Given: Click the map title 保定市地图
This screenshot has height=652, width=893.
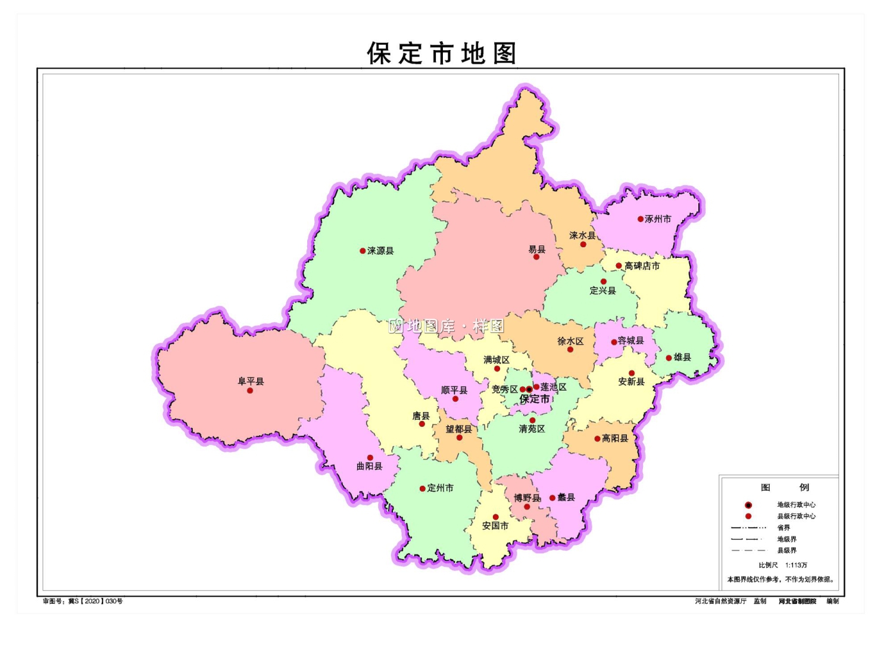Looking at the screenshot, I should pos(441,54).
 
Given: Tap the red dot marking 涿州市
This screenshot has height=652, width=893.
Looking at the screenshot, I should pos(641,219).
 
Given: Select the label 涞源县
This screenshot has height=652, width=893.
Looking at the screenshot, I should pos(380,251).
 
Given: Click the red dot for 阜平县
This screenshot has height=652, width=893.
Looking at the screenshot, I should pos(250,391).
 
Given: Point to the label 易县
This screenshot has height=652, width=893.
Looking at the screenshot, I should pos(536,249).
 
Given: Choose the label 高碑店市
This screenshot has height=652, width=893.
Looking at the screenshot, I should pos(642,266).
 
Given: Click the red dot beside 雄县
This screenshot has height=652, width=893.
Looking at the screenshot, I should pos(669,358).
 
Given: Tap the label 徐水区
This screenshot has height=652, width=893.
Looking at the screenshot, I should pos(570,341).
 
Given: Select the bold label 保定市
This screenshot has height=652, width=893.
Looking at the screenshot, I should pos(535,400).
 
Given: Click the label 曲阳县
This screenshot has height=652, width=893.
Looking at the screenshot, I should pos(369,466).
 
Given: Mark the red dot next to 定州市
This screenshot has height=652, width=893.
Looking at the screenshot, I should pos(422,489).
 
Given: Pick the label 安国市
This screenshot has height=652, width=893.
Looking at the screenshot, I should pos(495,526).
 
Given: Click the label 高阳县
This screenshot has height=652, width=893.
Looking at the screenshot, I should pos(615,438).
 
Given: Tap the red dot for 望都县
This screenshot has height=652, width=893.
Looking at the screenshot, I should pos(459,438).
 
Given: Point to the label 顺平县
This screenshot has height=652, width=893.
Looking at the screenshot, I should pos(454,390).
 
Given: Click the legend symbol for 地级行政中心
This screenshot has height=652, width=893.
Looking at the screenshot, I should pos(748,505).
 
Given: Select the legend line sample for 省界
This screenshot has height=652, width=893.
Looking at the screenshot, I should pos(748,528).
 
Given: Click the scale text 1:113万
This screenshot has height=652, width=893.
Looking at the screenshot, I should pos(796,565).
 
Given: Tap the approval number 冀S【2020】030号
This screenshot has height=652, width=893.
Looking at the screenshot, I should pos(95,601).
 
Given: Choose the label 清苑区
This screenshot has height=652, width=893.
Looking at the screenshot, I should pos(532,429).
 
